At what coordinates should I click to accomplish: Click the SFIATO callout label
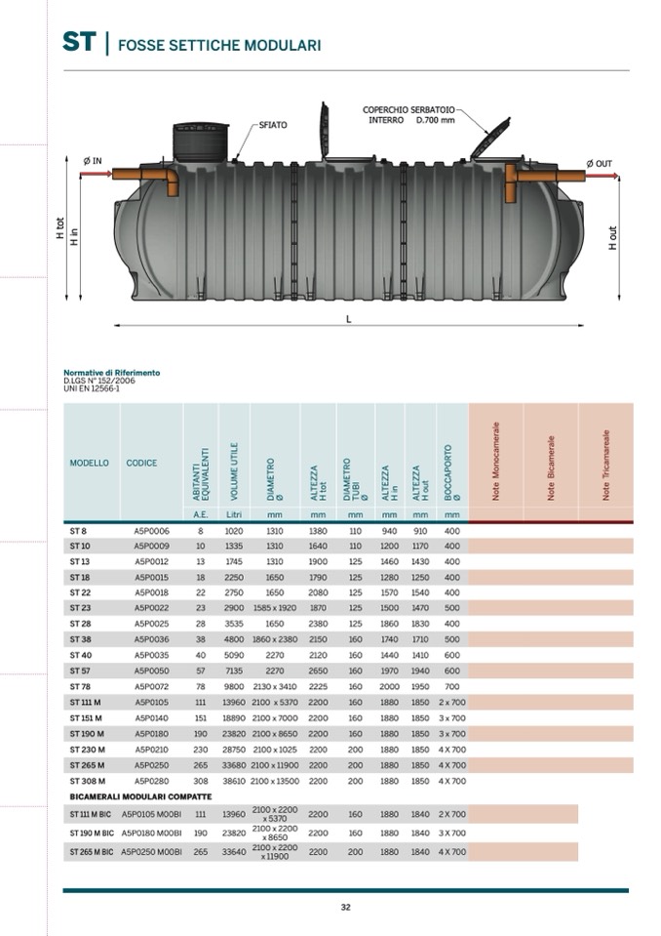(273, 126)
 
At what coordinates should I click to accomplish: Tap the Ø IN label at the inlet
(93, 160)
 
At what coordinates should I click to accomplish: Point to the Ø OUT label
(599, 163)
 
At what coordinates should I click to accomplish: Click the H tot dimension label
(60, 230)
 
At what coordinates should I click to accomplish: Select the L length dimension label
(348, 318)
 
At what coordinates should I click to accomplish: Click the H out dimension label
(612, 238)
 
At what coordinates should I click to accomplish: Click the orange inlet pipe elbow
(168, 180)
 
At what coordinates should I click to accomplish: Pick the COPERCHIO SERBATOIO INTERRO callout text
(408, 114)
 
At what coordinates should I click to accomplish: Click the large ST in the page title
(79, 42)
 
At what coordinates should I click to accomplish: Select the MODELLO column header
(89, 463)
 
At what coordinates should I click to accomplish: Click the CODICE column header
(141, 463)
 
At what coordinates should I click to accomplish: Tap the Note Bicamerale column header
(551, 468)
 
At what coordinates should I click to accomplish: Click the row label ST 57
(80, 671)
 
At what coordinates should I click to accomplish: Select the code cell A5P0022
(151, 607)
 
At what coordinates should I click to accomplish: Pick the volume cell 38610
(234, 781)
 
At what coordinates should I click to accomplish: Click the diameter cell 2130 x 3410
(274, 686)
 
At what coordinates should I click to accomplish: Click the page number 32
(345, 907)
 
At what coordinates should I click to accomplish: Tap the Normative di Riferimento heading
(111, 373)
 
